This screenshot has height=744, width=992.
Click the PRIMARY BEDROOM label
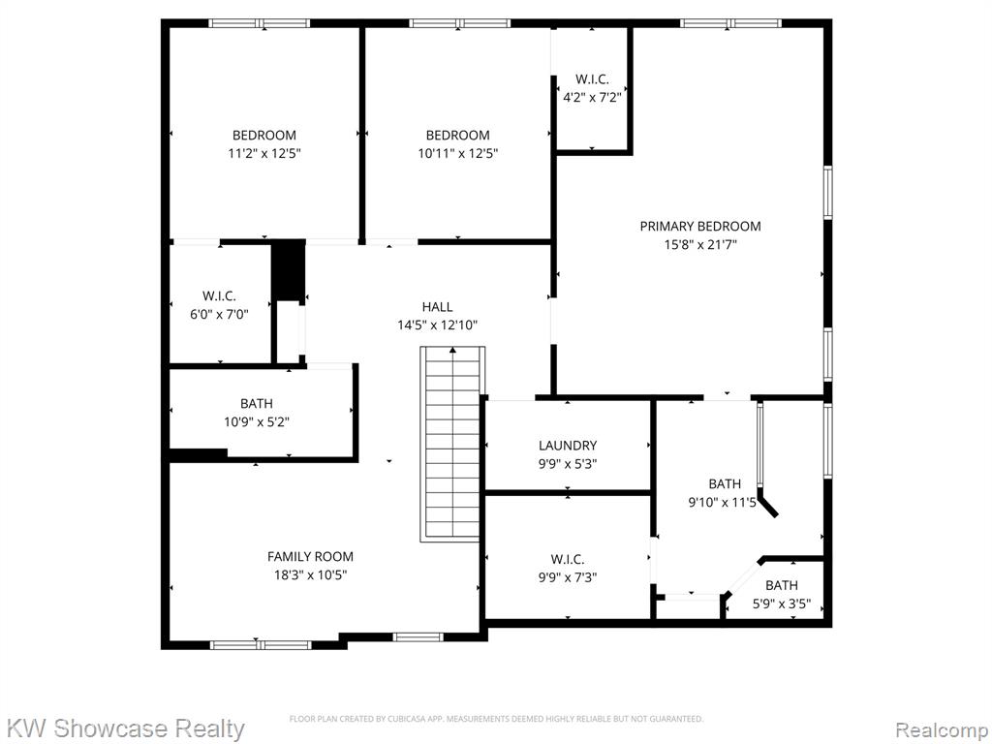(700, 226)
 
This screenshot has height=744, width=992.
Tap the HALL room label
(437, 307)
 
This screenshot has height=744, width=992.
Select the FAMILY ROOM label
(310, 557)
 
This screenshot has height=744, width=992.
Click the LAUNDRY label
(568, 446)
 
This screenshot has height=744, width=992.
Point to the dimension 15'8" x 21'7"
(700, 244)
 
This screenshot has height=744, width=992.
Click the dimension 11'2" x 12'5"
(264, 153)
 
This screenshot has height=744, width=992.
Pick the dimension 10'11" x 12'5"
(458, 153)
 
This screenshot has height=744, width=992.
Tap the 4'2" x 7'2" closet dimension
(592, 98)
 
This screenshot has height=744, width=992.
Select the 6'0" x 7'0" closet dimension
(219, 314)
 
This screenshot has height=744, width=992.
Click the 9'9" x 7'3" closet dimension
(568, 577)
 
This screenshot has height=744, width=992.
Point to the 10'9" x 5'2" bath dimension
(257, 421)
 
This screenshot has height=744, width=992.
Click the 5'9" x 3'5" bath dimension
(782, 604)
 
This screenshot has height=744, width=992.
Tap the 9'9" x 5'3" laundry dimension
(568, 464)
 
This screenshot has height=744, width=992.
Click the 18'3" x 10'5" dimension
(310, 575)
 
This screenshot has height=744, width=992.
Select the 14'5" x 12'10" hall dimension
(437, 325)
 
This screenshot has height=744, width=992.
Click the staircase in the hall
(452, 444)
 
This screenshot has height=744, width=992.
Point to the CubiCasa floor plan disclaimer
(496, 719)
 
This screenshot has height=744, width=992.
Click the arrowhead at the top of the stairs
(452, 349)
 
